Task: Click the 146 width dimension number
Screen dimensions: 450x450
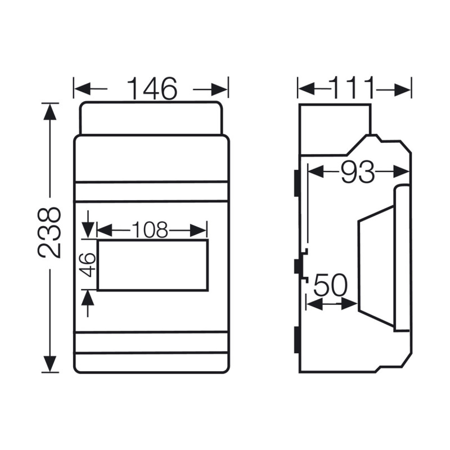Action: [151, 89]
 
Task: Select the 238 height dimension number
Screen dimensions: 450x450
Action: [49, 232]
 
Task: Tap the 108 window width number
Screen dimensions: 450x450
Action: [150, 229]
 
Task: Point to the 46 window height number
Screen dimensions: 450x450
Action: [87, 264]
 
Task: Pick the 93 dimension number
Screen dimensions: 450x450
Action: [358, 172]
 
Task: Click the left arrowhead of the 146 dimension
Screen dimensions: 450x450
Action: [82, 89]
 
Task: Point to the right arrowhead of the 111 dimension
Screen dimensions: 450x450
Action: [403, 89]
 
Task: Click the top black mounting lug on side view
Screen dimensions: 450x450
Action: [295, 182]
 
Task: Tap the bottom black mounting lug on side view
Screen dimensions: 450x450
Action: [295, 341]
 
